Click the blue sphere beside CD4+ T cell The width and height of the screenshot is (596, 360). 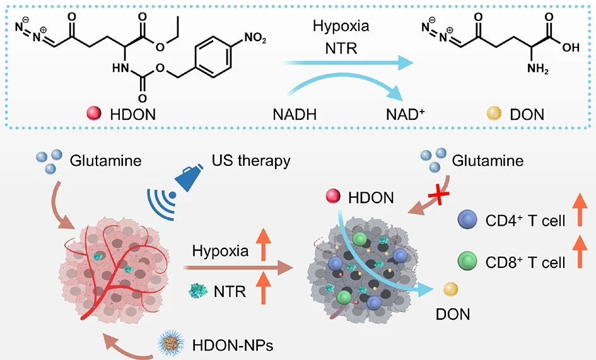click(x=467, y=223)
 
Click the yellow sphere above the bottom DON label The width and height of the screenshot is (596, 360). click(x=450, y=289)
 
